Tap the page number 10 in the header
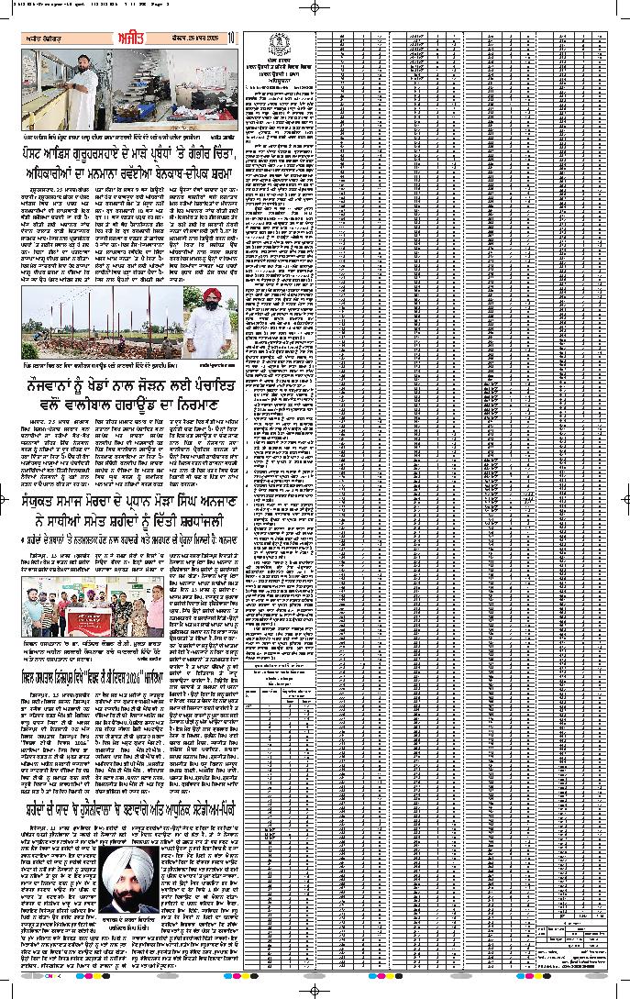233,37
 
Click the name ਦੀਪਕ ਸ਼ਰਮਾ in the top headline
209,171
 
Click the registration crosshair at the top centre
315,7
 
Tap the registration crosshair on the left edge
8,499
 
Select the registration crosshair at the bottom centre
315,991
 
